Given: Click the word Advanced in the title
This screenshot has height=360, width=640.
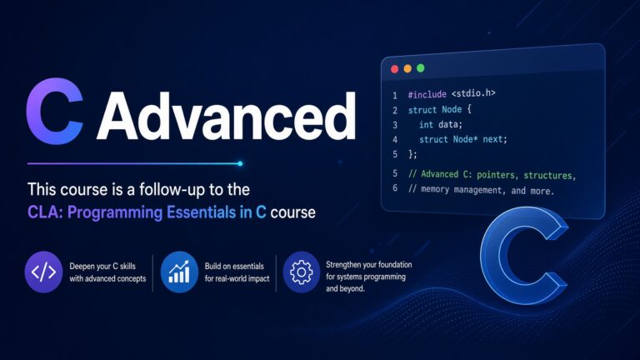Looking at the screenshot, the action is click(x=227, y=116).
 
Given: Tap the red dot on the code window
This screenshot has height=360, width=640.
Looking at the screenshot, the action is click(x=395, y=69).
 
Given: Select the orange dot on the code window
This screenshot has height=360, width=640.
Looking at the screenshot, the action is click(x=407, y=68).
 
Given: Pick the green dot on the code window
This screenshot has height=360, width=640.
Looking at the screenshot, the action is click(x=420, y=68).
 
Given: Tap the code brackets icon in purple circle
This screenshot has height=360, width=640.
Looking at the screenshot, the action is click(x=43, y=272).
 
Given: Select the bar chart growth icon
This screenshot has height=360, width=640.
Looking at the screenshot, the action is click(x=179, y=272).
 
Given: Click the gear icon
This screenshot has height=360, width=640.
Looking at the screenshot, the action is click(x=301, y=272).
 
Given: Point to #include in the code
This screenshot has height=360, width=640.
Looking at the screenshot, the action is click(x=427, y=95).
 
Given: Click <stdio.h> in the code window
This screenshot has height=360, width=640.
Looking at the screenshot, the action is click(x=473, y=93).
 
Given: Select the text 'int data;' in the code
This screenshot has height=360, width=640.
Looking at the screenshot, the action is click(x=440, y=124).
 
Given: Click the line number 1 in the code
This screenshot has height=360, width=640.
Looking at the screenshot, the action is click(x=395, y=96).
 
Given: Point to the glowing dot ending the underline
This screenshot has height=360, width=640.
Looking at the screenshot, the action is click(x=240, y=163).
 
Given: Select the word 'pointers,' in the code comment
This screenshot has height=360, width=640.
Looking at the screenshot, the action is click(x=497, y=176).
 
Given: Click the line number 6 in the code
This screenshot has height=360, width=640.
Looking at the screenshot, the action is click(x=395, y=187).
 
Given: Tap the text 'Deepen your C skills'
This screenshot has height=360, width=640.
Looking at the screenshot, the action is click(x=102, y=266).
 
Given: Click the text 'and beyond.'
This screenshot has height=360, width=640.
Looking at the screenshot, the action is click(x=345, y=288).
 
